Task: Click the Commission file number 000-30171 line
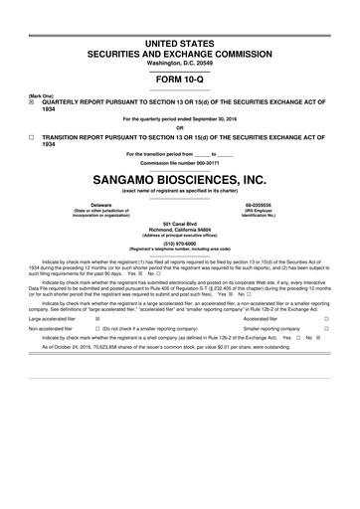[179, 162]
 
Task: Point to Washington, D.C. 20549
[179, 52]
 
